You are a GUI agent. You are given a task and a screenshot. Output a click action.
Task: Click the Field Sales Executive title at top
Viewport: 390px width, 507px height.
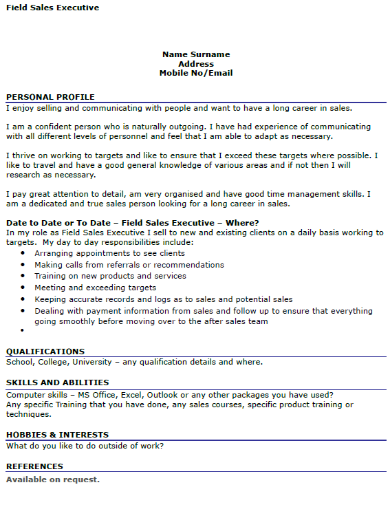[52, 8]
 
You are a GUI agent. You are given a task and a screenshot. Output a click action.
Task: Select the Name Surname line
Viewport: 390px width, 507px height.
[196, 54]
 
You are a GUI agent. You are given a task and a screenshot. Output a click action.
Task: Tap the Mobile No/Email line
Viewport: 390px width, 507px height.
[196, 73]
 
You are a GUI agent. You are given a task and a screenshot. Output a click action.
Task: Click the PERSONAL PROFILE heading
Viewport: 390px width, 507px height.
[50, 97]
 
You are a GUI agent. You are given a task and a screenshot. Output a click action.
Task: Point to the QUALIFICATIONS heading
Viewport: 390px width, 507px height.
[45, 352]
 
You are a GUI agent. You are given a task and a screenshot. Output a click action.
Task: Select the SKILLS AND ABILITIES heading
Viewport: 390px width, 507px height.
[57, 382]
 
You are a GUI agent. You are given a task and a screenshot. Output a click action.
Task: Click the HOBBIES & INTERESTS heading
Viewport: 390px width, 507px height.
[57, 435]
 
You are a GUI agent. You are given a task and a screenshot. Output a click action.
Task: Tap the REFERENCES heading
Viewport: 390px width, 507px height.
[34, 466]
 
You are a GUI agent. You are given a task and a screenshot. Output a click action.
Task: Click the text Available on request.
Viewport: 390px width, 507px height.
[53, 479]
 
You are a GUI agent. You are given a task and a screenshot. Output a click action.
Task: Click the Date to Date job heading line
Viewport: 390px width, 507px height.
[132, 223]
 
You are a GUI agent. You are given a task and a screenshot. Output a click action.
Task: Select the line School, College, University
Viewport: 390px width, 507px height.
[134, 362]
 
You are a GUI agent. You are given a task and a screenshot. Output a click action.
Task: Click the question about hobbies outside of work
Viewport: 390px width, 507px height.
[85, 446]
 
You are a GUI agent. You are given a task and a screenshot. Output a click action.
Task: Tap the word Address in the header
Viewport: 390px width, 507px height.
[196, 64]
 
